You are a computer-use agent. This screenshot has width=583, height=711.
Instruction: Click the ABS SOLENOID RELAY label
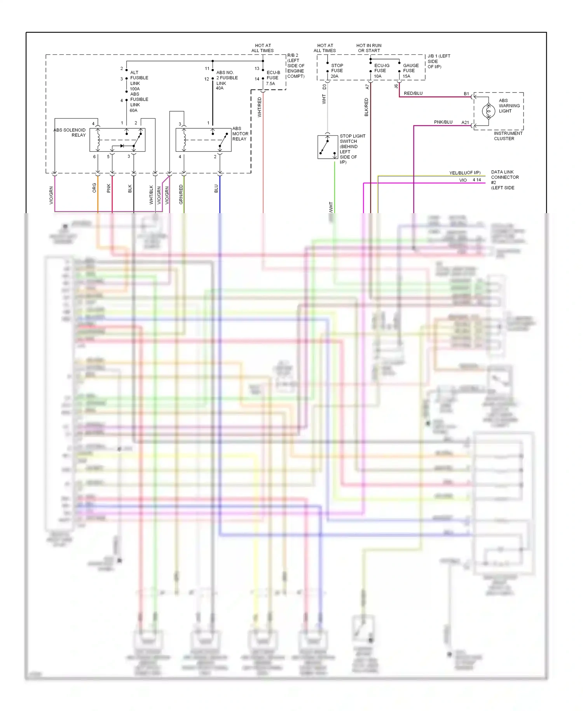click(x=70, y=133)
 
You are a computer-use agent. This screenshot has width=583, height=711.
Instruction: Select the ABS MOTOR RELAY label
click(x=240, y=134)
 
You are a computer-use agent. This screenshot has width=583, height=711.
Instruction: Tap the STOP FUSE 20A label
click(x=337, y=71)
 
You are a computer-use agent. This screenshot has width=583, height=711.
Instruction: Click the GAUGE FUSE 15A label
click(x=410, y=71)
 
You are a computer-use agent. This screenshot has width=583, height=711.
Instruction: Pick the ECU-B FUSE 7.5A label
click(x=273, y=78)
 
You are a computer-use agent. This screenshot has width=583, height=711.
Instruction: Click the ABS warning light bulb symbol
click(x=488, y=111)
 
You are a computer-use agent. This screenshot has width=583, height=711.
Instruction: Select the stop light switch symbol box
click(x=328, y=147)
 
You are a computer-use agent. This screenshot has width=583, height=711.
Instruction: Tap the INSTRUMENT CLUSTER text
click(x=508, y=136)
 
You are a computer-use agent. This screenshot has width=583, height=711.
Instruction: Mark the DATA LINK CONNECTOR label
click(x=504, y=177)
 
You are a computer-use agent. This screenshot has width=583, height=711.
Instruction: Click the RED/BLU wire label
click(x=413, y=93)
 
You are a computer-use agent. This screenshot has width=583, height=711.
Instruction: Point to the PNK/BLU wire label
click(x=443, y=122)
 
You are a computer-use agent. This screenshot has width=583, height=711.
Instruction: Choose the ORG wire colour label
click(x=94, y=188)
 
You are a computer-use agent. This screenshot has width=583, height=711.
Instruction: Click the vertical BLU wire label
click(x=216, y=189)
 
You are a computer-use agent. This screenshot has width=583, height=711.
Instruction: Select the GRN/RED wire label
click(x=181, y=194)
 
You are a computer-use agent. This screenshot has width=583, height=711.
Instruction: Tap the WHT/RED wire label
click(x=260, y=107)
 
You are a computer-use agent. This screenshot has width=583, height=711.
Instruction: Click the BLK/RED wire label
click(x=367, y=107)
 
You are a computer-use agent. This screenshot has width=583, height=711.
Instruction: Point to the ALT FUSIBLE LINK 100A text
click(x=138, y=81)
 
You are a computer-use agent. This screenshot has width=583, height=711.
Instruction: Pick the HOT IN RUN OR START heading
click(x=369, y=48)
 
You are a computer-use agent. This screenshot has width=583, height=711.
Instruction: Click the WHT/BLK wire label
click(x=152, y=194)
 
